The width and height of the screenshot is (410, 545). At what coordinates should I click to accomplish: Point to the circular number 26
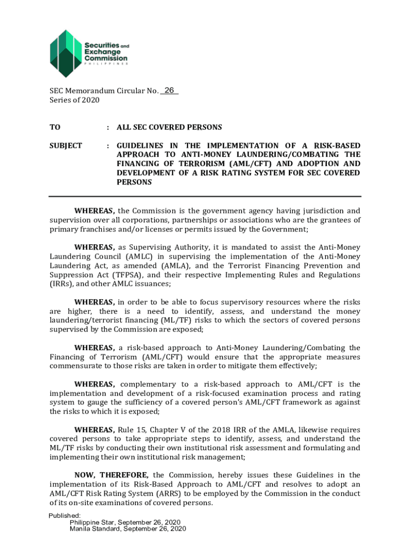[170, 91]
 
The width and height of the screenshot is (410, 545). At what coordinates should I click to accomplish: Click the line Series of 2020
[74, 100]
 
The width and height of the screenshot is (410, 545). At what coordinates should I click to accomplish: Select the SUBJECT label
[65, 145]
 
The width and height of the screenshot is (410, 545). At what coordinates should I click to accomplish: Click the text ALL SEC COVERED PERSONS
[169, 128]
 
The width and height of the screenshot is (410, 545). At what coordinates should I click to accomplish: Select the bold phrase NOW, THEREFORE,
[111, 475]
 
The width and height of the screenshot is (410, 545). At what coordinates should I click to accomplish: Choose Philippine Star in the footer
[92, 522]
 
